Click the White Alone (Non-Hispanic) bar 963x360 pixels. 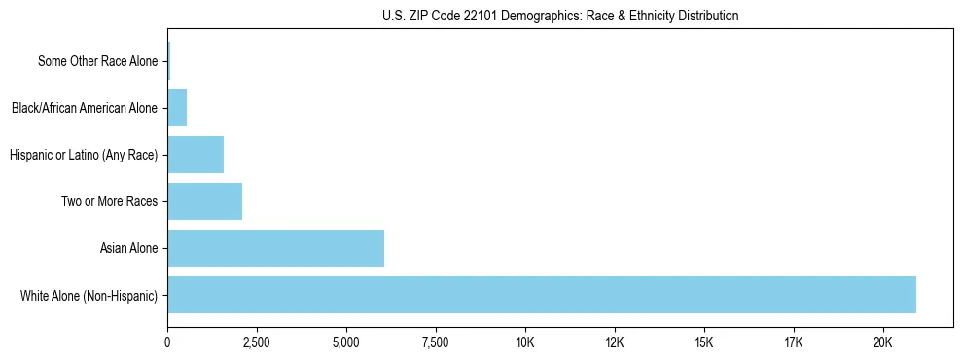click(542, 295)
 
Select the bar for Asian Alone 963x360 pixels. click(275, 248)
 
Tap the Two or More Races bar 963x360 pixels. click(204, 201)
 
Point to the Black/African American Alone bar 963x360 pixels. click(177, 108)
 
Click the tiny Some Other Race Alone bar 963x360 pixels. click(169, 61)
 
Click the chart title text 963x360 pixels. click(560, 16)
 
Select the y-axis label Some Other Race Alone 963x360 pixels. click(97, 61)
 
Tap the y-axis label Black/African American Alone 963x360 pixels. click(84, 108)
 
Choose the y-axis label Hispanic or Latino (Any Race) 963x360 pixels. click(83, 155)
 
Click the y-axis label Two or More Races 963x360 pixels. click(109, 201)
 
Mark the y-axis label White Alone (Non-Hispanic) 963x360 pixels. click(89, 295)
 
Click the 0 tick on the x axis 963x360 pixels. click(167, 342)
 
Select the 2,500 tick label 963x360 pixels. click(257, 342)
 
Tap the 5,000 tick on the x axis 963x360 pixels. click(346, 342)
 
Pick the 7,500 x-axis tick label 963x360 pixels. click(436, 342)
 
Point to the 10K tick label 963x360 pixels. click(525, 342)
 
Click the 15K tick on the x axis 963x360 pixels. click(704, 342)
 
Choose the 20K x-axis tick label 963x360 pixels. click(883, 342)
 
